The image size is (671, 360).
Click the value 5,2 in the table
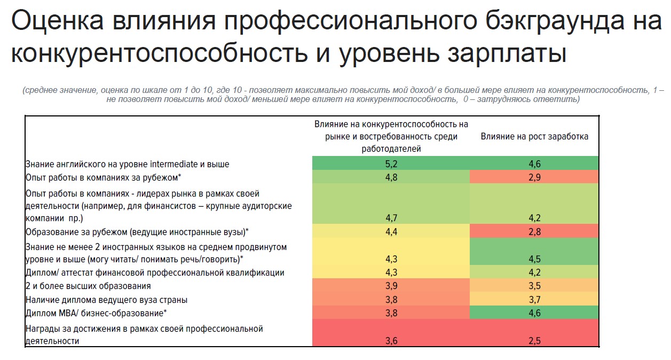pyautogui.click(x=391, y=164)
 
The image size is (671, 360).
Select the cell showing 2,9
pyautogui.click(x=534, y=177)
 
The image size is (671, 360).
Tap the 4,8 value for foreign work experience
pyautogui.click(x=391, y=177)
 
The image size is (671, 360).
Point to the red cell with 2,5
pyautogui.click(x=534, y=340)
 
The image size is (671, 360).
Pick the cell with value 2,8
pyautogui.click(x=534, y=232)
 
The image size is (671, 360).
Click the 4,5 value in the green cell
pyautogui.click(x=534, y=259)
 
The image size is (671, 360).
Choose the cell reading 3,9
pyautogui.click(x=391, y=286)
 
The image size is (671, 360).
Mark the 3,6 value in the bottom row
pyautogui.click(x=391, y=340)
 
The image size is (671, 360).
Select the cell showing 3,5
pyautogui.click(x=534, y=286)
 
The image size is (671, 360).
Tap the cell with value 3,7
pyautogui.click(x=534, y=300)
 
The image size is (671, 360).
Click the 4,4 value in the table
pyautogui.click(x=391, y=232)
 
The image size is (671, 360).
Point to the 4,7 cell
pyautogui.click(x=391, y=218)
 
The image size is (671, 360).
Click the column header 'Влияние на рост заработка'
pyautogui.click(x=534, y=136)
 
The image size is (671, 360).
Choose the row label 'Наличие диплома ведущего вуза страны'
pyautogui.click(x=106, y=300)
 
